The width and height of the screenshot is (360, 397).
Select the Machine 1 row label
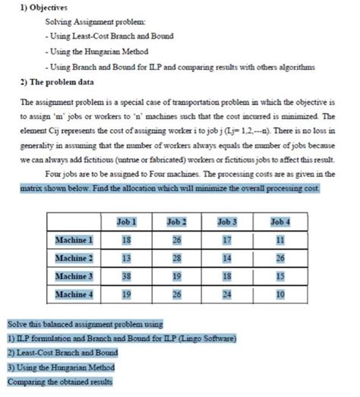click(x=74, y=240)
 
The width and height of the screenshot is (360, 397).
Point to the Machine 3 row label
click(x=74, y=276)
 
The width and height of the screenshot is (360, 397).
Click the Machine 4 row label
click(x=74, y=293)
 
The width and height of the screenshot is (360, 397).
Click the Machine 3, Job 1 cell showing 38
click(x=126, y=276)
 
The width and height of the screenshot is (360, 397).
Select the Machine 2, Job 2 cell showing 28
click(x=177, y=258)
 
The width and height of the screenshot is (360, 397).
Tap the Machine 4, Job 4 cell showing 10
click(x=279, y=293)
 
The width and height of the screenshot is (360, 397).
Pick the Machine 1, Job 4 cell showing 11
click(x=279, y=240)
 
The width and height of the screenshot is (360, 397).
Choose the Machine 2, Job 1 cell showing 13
click(x=126, y=258)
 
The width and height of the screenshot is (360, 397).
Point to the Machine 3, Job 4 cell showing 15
click(x=279, y=276)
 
